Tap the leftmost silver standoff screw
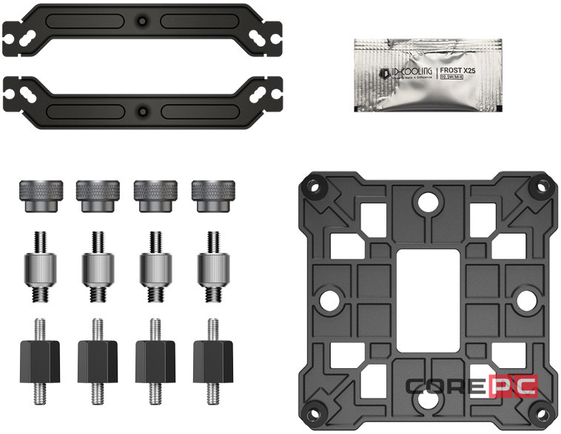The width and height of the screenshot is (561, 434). [x=39, y=268]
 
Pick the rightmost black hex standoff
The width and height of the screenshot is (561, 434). [x=209, y=356]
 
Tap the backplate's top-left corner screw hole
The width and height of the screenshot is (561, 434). [x=312, y=189]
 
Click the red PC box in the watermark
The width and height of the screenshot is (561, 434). [x=511, y=387]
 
